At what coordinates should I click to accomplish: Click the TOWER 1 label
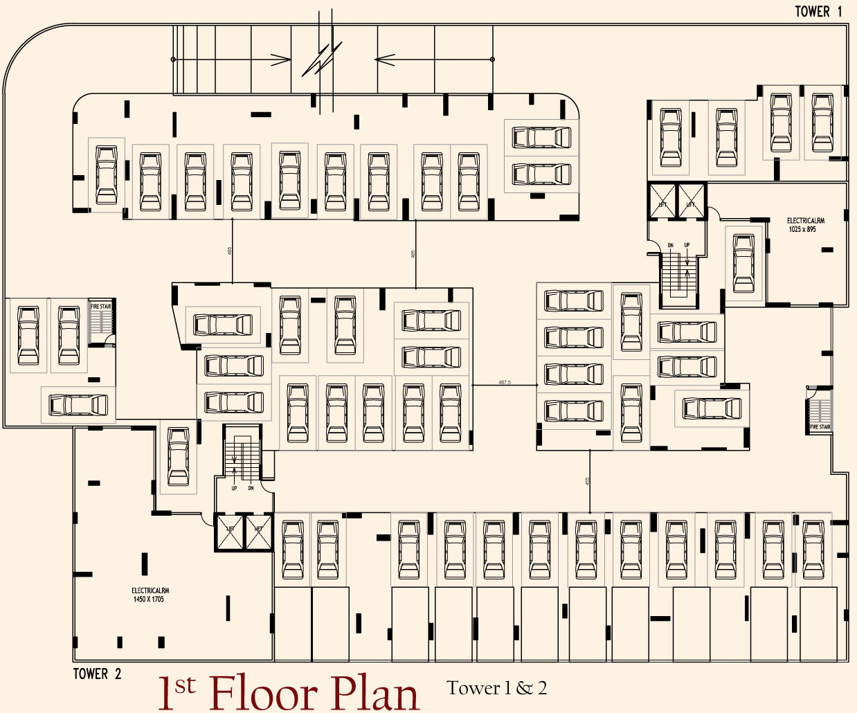point(818,11)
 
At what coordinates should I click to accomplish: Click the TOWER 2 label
point(97,674)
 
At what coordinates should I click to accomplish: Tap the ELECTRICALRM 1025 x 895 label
point(805,225)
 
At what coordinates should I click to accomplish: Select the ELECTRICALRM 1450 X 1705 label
point(150,595)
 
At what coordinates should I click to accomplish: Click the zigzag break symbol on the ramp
point(322,60)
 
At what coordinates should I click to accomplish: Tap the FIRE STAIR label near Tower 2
point(101,307)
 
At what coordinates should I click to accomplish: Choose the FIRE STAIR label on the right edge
point(820,427)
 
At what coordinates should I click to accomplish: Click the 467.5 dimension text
point(505,382)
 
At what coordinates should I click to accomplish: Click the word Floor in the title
point(262,692)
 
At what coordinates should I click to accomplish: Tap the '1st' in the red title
point(177,692)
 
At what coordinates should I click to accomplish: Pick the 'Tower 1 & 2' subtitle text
point(496,688)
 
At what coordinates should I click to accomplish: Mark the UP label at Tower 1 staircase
point(687,245)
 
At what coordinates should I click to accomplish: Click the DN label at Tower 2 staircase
point(251,488)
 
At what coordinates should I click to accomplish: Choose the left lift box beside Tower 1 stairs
point(662,201)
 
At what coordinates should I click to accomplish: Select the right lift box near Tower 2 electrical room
point(259,532)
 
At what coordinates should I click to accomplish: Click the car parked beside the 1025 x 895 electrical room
point(744,263)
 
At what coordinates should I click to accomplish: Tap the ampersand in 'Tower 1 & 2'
point(524,688)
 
